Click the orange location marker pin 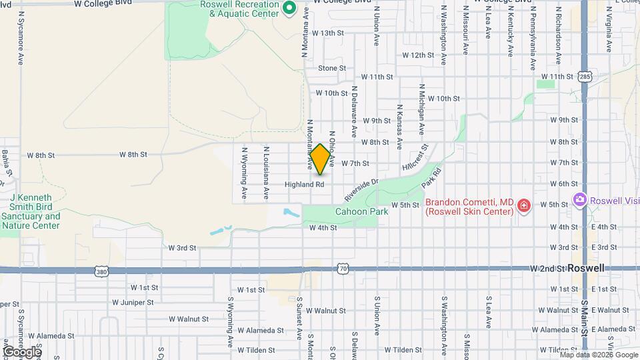pos(320,159)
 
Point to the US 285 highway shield pos(585,77)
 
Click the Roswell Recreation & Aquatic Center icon pos(289,9)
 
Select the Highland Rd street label pos(304,184)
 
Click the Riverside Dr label pos(361,189)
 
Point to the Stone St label pos(332,68)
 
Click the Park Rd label pos(433,178)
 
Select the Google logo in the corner pos(21,351)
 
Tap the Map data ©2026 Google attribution pos(599,355)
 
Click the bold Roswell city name pos(585,268)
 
